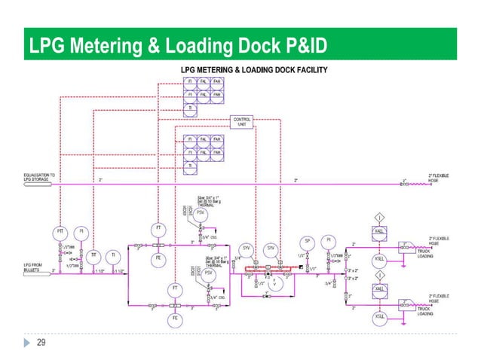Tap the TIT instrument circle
tap(93, 256)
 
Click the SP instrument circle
tap(307, 241)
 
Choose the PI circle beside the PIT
tap(84, 230)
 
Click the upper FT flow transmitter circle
tap(158, 227)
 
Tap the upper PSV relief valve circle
tap(200, 213)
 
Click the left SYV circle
tap(246, 248)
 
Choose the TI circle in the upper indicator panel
tap(189, 108)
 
